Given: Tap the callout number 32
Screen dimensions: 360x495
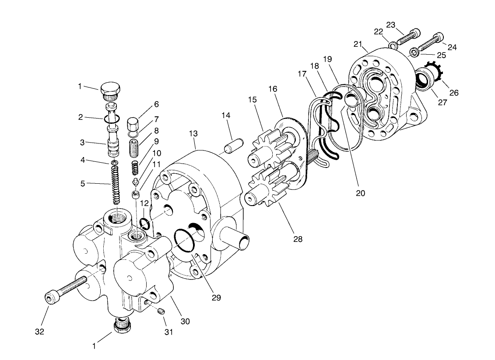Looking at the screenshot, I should [x=39, y=331].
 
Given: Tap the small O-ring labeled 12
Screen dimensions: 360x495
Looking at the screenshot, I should [x=145, y=225].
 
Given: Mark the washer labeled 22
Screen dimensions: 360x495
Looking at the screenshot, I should [x=393, y=44].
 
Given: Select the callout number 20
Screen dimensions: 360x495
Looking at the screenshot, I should [x=360, y=193].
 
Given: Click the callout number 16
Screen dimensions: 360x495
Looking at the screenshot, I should [x=273, y=89].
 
